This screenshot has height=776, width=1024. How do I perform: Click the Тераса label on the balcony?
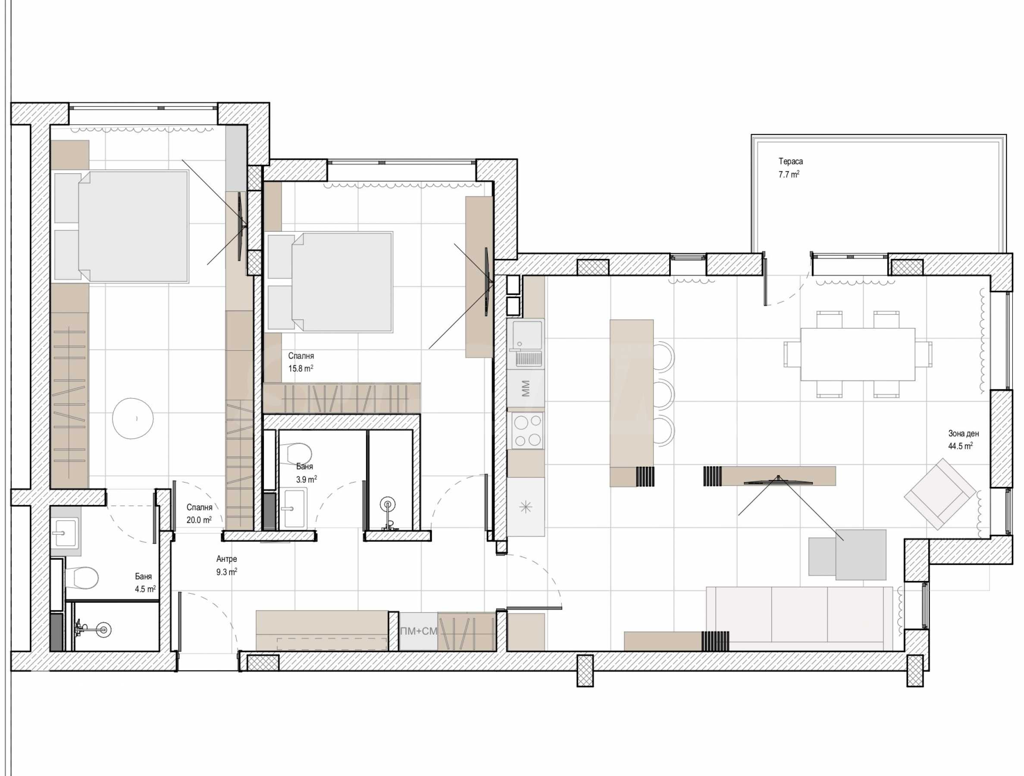(x=791, y=162)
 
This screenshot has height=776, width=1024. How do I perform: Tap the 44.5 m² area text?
(x=960, y=446)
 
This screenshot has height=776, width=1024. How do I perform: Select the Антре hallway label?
(x=226, y=559)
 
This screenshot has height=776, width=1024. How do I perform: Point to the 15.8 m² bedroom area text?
(x=301, y=368)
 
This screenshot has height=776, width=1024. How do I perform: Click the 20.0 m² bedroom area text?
(x=199, y=520)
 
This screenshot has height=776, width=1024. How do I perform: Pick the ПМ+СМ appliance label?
(x=419, y=631)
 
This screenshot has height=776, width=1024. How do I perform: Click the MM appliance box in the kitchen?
(x=526, y=388)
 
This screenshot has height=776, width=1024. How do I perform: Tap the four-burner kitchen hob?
(x=526, y=430)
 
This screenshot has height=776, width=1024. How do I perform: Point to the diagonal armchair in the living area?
(x=940, y=494)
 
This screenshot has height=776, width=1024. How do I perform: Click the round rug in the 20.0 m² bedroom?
(x=133, y=418)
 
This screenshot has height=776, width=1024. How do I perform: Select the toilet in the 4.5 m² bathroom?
(x=82, y=578)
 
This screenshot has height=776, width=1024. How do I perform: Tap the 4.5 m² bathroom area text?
(x=145, y=589)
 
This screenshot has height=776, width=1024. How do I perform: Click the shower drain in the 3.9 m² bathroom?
(x=388, y=505)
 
